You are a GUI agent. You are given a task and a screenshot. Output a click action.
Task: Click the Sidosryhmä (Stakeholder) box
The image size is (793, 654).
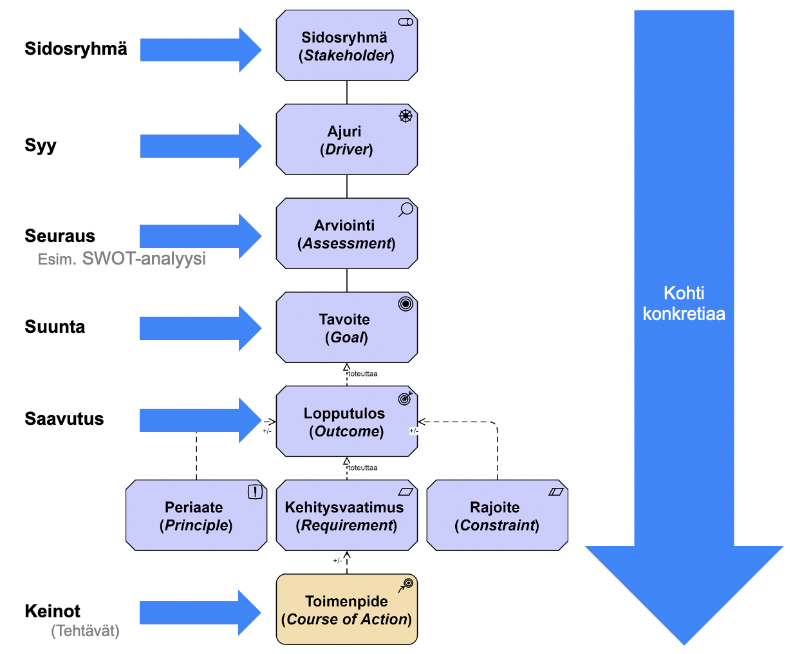346,46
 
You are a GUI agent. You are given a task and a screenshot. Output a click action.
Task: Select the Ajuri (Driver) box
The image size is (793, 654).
346,140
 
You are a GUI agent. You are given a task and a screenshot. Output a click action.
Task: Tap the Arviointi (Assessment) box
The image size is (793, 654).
346,234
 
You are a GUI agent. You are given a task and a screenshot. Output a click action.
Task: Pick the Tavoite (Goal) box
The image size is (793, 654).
346,328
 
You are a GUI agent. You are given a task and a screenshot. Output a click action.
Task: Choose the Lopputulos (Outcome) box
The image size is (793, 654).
346,422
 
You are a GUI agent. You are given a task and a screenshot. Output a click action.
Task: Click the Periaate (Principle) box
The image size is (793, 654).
196,516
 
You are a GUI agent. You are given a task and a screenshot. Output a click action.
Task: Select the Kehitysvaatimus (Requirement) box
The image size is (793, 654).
346,516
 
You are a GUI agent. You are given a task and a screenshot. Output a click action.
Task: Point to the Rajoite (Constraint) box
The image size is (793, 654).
497,516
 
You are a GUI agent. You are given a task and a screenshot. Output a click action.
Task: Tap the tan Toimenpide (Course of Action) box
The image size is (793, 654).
346,610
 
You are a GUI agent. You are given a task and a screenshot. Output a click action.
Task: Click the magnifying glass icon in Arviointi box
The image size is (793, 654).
406,210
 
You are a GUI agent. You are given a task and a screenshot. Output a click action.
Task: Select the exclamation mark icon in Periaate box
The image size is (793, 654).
256,492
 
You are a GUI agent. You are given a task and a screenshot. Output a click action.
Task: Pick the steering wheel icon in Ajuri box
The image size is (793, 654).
406,116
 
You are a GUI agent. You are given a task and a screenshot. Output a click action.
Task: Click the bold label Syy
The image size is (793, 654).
41,145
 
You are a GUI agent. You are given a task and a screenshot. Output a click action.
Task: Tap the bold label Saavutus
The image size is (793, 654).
64,419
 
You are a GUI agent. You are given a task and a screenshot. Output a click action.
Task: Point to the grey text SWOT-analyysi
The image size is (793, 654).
144,259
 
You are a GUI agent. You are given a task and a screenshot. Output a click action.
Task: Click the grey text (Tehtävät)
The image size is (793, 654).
86,631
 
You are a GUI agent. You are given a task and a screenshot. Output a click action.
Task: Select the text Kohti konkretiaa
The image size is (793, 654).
684,304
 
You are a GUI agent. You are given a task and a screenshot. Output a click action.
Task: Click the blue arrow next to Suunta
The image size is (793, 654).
200,328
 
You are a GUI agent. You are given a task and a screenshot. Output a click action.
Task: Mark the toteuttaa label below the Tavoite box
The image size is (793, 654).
363,374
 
